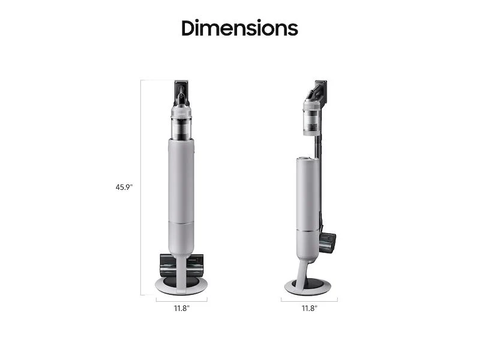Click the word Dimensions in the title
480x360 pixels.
[x=239, y=28]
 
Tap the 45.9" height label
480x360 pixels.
[x=124, y=187]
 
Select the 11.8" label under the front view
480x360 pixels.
[x=181, y=308]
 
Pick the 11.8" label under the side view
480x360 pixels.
[x=309, y=308]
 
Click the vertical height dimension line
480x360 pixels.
[x=141, y=187]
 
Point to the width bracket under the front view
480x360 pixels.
[x=181, y=298]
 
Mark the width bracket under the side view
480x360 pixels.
[x=309, y=298]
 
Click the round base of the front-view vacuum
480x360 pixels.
[x=181, y=285]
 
